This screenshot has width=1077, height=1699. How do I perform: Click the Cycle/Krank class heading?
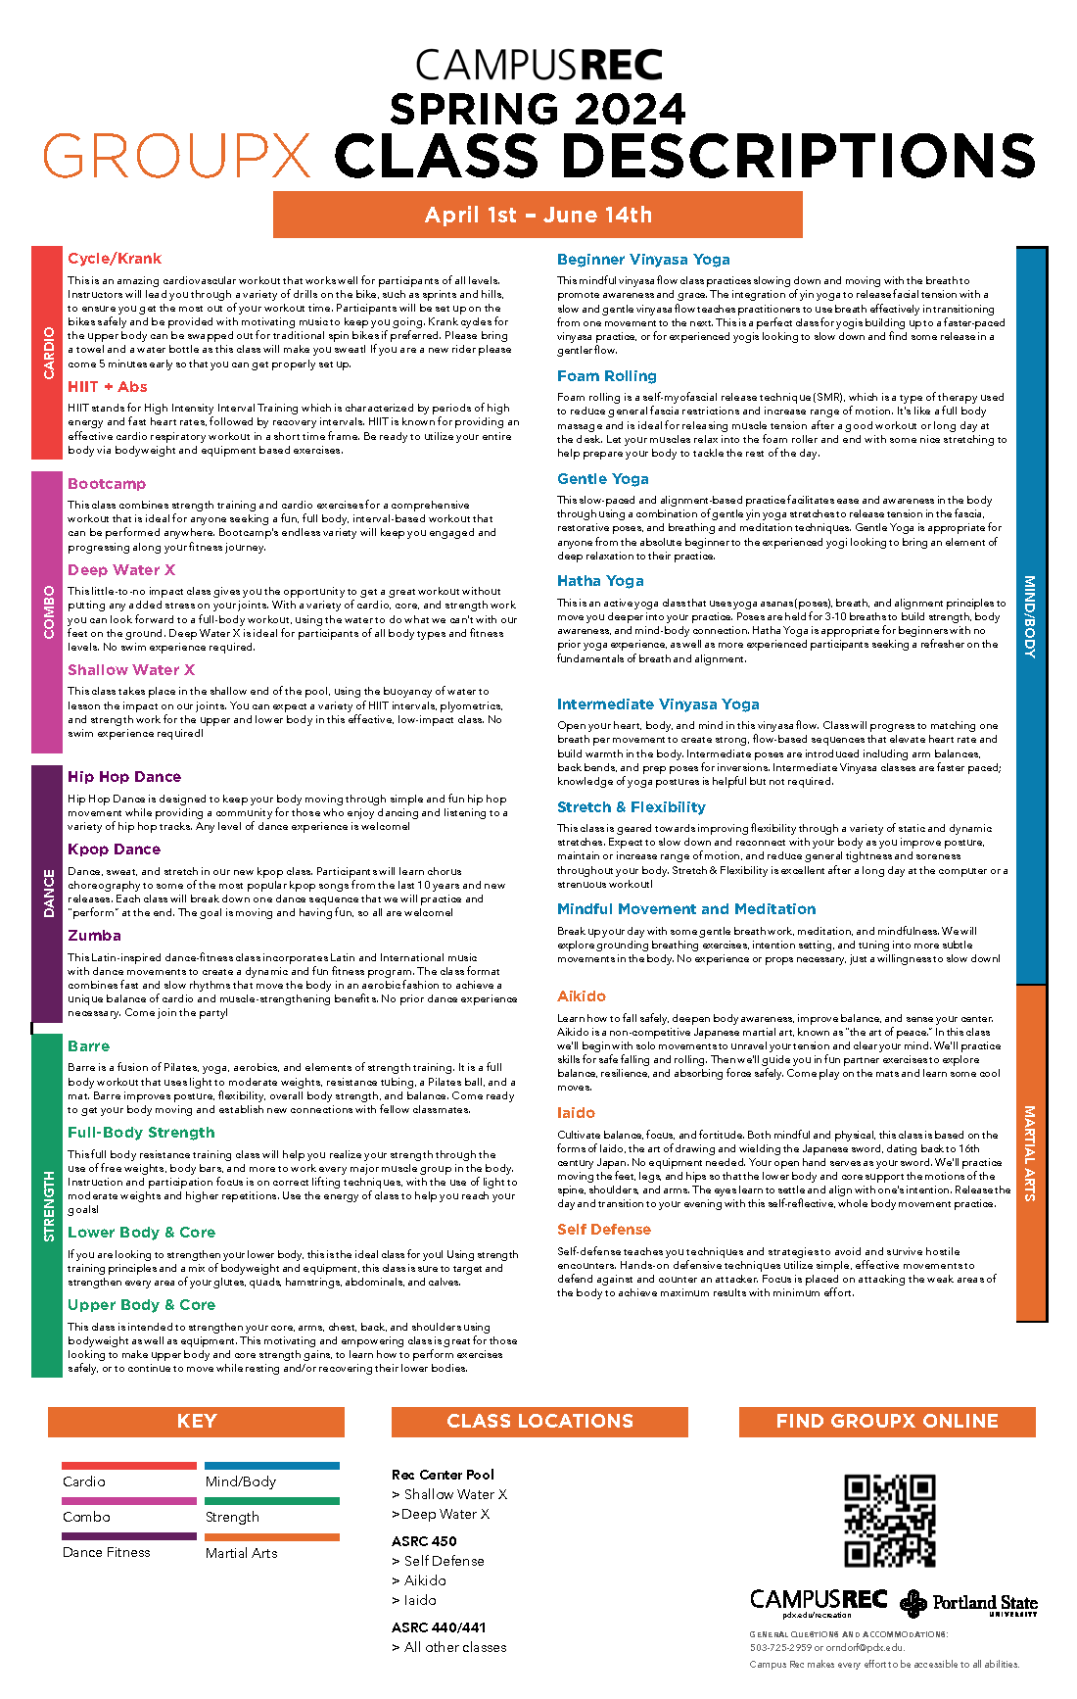coord(115,259)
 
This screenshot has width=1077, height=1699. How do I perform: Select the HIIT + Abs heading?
coord(108,387)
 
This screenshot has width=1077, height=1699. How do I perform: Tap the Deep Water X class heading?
coord(121,570)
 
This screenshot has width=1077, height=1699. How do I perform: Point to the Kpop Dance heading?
coord(114,849)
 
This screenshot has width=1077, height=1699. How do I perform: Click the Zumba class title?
coord(94,936)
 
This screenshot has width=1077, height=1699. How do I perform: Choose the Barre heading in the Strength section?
coord(88,1046)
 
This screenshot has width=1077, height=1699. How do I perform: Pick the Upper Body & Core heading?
coord(141,1305)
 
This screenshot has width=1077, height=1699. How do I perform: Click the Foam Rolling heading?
coord(607,376)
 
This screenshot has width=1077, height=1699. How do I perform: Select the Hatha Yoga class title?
coord(600,581)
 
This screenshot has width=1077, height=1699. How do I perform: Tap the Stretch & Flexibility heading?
coord(632,807)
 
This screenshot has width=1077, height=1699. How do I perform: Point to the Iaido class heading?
coord(576,1113)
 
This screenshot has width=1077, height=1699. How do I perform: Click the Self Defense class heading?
coord(604,1230)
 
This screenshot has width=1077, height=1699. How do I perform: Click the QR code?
coord(890,1520)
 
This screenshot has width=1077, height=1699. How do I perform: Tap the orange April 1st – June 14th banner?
coord(538,215)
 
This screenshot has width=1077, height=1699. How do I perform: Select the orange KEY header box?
coord(196,1422)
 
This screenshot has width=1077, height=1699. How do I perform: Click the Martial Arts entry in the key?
coord(242,1553)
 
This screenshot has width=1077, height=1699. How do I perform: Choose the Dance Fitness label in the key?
coord(107,1553)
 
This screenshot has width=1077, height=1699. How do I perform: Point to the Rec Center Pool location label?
coord(443,1475)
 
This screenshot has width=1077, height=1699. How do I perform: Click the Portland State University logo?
coord(969,1603)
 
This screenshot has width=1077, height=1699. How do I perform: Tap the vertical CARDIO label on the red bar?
coord(48,353)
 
